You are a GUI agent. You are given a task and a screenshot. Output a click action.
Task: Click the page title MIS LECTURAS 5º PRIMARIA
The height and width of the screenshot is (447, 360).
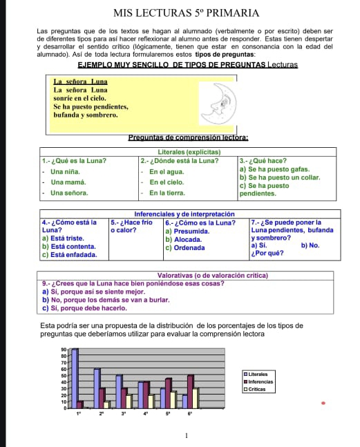[x=180, y=13]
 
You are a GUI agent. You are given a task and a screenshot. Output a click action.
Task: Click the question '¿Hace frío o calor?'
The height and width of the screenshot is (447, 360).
[x=131, y=227]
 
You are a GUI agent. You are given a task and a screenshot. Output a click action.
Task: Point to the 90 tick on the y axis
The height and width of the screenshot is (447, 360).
[x=64, y=350]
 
